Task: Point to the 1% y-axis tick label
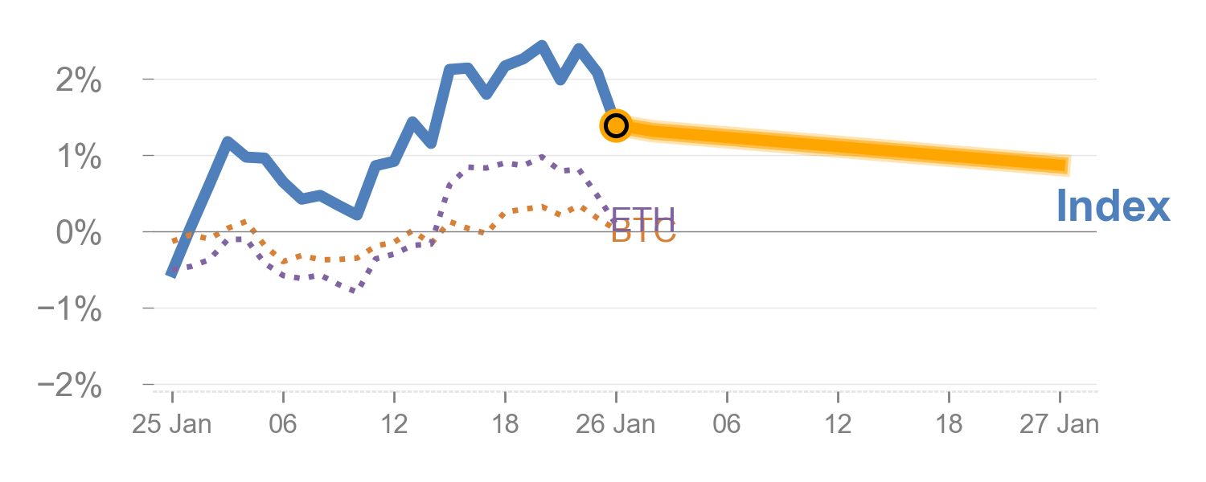pyautogui.click(x=79, y=157)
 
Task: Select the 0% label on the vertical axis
pyautogui.click(x=79, y=234)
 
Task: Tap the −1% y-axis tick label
pyautogui.click(x=70, y=310)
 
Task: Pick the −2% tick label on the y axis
pyautogui.click(x=70, y=386)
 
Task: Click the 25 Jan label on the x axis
pyautogui.click(x=172, y=424)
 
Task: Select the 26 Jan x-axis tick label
pyautogui.click(x=616, y=424)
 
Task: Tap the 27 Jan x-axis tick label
pyautogui.click(x=1060, y=424)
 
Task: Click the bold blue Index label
pyautogui.click(x=1113, y=206)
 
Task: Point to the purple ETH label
pyautogui.click(x=643, y=217)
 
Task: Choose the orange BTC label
pyautogui.click(x=643, y=233)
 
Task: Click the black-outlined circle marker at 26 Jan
pyautogui.click(x=616, y=125)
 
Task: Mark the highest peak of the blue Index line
pyautogui.click(x=542, y=46)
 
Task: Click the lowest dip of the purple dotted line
pyautogui.click(x=352, y=290)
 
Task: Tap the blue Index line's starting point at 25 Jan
pyautogui.click(x=172, y=274)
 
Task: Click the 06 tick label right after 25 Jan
pyautogui.click(x=283, y=424)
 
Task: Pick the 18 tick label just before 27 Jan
pyautogui.click(x=949, y=424)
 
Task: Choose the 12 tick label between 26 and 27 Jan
pyautogui.click(x=838, y=424)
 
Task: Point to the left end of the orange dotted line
pyautogui.click(x=174, y=240)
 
